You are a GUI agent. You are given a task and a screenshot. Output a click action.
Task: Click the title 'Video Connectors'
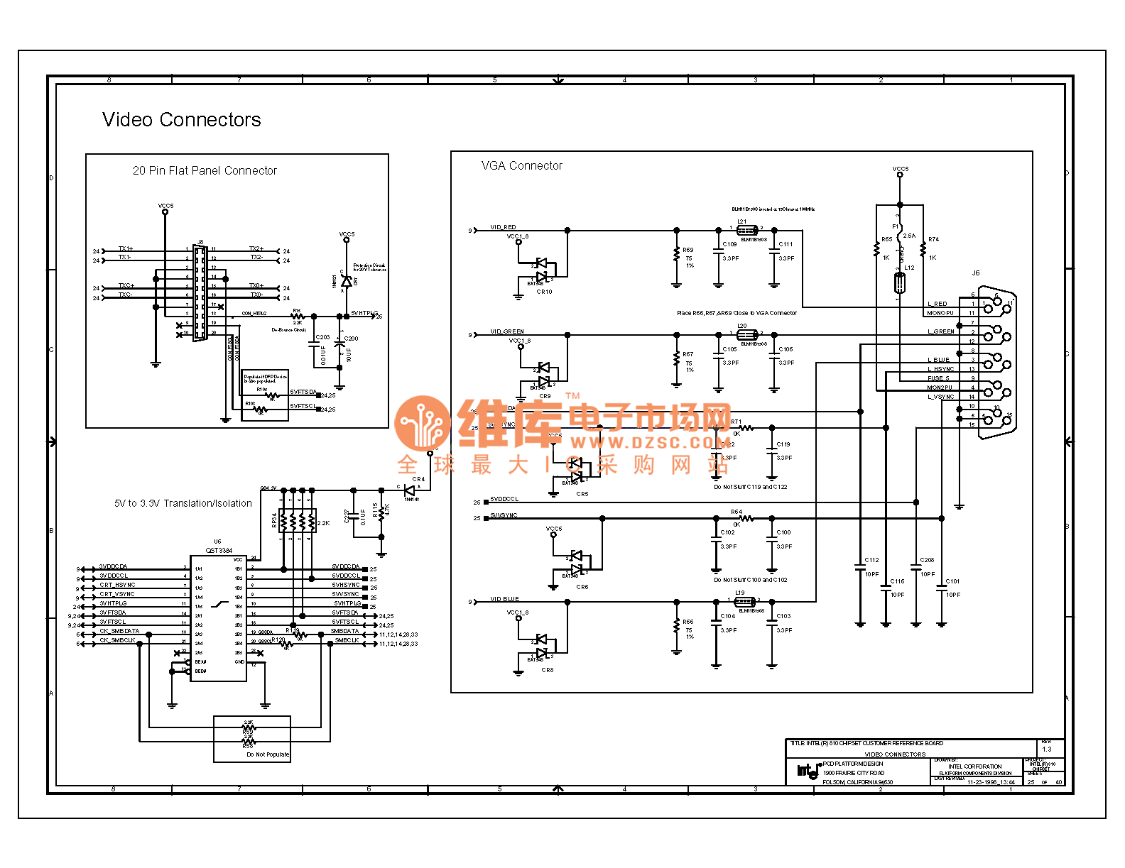[x=181, y=119]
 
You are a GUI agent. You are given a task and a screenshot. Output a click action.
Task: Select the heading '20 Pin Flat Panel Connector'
[x=205, y=170]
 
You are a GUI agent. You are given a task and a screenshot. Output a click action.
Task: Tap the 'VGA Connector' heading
[x=521, y=165]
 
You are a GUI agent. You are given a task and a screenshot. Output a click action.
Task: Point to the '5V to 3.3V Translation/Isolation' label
[x=183, y=503]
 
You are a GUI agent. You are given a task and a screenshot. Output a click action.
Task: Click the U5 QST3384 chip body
[x=218, y=618]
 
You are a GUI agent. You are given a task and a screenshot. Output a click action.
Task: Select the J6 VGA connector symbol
[x=996, y=362]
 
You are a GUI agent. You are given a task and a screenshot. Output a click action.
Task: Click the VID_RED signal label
[x=503, y=227]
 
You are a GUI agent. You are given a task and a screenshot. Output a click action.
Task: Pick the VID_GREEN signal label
[x=506, y=331]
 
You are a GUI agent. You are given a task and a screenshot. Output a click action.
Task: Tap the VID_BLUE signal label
[x=504, y=599]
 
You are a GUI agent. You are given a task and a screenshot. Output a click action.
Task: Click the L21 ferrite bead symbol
[x=746, y=230]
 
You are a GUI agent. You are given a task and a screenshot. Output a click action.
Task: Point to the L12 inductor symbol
[x=899, y=283]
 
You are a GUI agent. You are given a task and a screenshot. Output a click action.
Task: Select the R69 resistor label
[x=687, y=250]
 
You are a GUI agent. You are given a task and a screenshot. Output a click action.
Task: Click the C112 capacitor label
[x=871, y=560]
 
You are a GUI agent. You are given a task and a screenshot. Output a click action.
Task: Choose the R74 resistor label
[x=933, y=239]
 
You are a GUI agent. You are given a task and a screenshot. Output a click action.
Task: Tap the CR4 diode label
[x=418, y=479]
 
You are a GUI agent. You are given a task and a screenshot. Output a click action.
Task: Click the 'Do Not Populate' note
[x=268, y=754]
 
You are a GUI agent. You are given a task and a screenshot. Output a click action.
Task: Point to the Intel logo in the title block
[x=808, y=771]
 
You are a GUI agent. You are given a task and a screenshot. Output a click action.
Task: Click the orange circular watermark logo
[x=423, y=424]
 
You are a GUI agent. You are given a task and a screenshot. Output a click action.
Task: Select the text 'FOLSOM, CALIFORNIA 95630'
[x=857, y=782]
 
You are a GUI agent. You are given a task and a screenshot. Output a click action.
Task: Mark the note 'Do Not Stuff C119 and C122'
[x=750, y=487]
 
